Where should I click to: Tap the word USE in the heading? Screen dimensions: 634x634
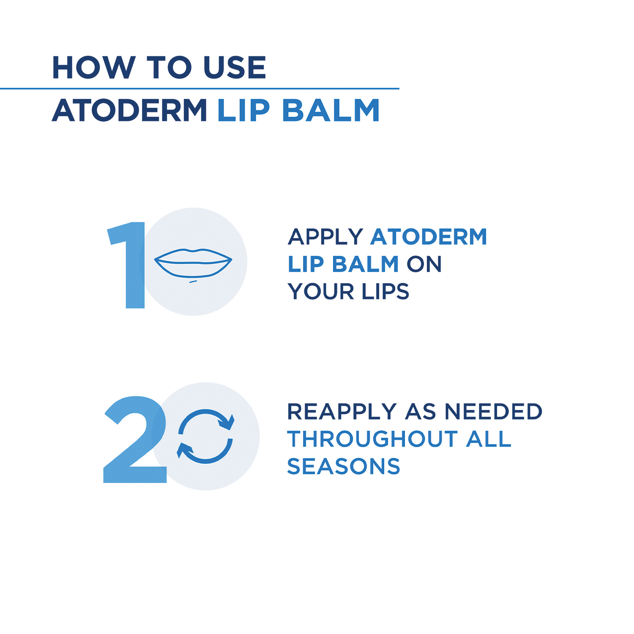click(235, 68)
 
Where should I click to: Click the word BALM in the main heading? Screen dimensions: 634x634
click(331, 110)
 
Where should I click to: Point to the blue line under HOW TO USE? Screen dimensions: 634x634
click(199, 89)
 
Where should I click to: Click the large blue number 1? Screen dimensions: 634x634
click(126, 265)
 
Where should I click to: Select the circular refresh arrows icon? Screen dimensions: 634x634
click(205, 436)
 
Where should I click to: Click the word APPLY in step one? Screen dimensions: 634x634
click(325, 237)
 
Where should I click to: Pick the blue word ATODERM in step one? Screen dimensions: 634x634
click(429, 237)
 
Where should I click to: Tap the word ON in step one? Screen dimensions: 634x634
click(424, 264)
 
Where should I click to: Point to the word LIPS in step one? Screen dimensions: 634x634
click(385, 292)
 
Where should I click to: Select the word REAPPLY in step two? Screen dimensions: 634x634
click(342, 412)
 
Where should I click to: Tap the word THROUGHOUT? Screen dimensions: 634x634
click(372, 439)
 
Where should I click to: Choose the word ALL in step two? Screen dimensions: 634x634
click(489, 439)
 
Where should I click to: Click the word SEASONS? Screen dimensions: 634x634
click(344, 467)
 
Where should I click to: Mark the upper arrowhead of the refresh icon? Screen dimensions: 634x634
click(227, 422)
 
